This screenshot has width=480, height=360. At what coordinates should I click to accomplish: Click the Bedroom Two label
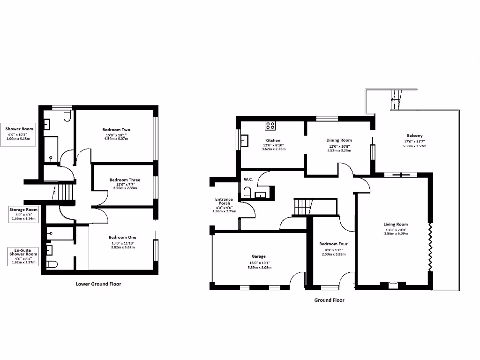coord(116,130)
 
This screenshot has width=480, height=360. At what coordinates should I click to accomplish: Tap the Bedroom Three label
coord(125,180)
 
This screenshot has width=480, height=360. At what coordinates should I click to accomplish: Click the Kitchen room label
coord(273,141)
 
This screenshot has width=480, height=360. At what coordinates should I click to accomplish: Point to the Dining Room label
coord(339,140)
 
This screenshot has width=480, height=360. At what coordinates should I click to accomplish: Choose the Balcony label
coord(414,136)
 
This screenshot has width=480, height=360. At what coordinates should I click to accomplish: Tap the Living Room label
coord(396,225)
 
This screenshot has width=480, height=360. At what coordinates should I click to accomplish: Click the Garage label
coord(259,256)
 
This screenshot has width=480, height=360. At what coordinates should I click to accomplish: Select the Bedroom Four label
coord(333,244)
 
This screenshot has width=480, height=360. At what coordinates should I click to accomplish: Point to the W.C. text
coord(248,180)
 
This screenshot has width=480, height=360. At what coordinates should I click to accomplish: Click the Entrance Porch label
coord(225,202)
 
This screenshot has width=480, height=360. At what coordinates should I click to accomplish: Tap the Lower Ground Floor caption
coord(98,284)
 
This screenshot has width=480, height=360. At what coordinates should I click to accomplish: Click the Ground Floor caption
coord(329,300)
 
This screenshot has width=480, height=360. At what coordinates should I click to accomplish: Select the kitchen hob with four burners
coord(270,126)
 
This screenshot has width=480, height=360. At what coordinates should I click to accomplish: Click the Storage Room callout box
coord(23,214)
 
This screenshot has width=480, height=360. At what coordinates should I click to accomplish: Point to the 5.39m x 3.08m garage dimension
coord(259,268)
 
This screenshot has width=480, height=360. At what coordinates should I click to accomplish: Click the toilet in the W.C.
coord(247,192)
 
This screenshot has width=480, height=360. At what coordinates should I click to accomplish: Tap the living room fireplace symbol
coord(393,284)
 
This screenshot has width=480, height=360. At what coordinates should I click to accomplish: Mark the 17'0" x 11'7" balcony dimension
coord(414,141)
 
